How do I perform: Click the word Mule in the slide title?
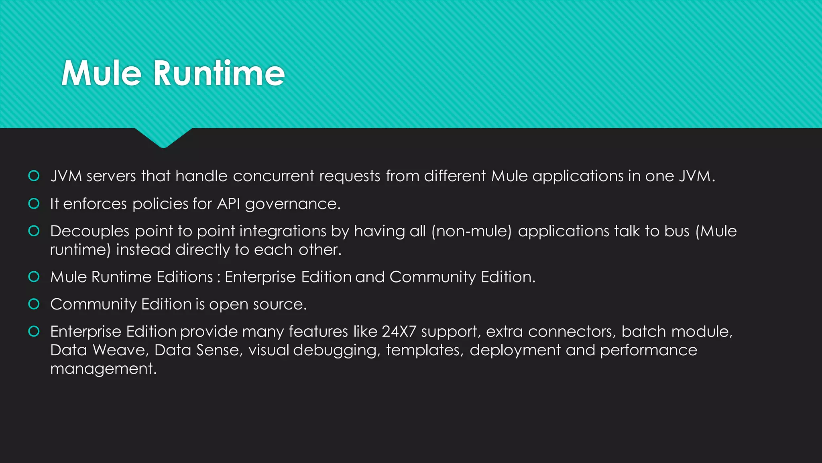[102, 73]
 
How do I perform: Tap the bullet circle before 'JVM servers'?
[34, 176]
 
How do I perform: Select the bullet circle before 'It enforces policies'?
[34, 204]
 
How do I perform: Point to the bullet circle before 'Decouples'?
[34, 231]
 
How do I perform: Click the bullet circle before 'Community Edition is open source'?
[34, 304]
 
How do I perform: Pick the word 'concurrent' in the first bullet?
[273, 176]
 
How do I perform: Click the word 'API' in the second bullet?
[228, 204]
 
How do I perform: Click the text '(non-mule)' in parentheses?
[472, 231]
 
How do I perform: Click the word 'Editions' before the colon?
[185, 277]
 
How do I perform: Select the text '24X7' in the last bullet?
[399, 332]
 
